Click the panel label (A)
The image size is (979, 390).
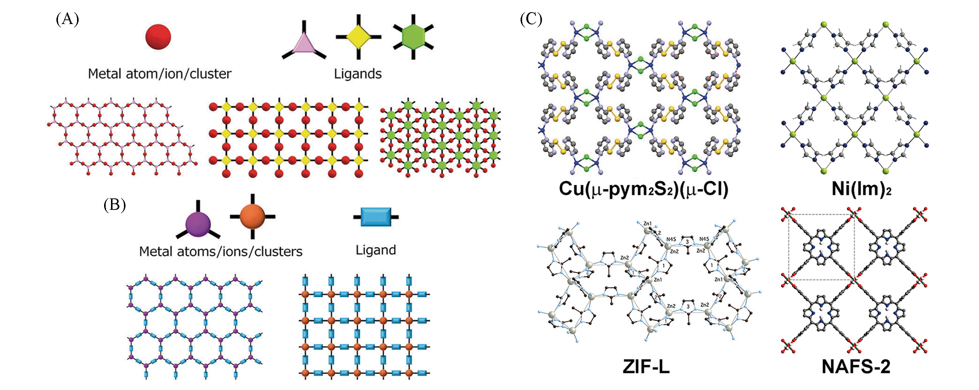(x=68, y=19)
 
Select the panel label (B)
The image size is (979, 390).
(x=114, y=205)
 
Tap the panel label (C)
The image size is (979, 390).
(x=531, y=19)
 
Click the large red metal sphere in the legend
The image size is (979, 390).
(x=158, y=37)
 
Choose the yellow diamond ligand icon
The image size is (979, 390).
(x=358, y=37)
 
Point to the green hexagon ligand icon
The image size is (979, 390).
(x=413, y=37)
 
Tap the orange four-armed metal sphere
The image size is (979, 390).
(x=252, y=216)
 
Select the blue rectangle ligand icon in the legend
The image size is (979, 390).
(x=376, y=217)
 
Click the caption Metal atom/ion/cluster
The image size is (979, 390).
(x=159, y=74)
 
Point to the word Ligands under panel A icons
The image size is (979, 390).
(x=358, y=74)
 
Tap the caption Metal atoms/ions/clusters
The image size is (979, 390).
(x=220, y=252)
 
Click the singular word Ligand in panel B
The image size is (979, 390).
(x=376, y=250)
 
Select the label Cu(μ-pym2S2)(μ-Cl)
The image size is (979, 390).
(x=643, y=189)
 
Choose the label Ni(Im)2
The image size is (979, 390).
(x=861, y=189)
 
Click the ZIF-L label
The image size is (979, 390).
(x=646, y=366)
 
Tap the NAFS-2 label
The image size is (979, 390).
(x=856, y=366)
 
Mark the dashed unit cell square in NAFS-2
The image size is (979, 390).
(x=821, y=247)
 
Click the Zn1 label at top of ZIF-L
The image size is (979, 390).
(x=647, y=224)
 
